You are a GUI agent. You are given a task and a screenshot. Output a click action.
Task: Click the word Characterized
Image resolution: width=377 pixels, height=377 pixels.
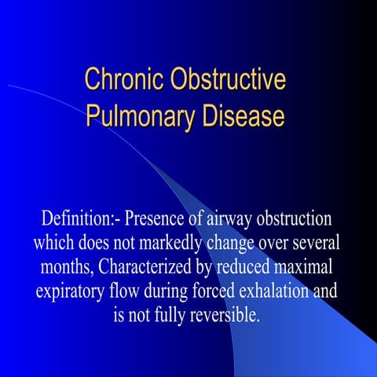(x=145, y=266)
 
